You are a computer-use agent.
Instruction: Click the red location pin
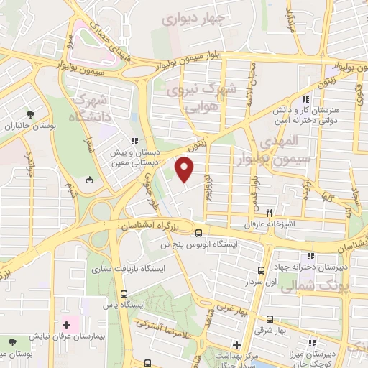click(185, 170)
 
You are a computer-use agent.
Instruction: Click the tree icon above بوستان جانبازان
click(30, 114)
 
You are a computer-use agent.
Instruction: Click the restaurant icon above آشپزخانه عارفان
click(269, 213)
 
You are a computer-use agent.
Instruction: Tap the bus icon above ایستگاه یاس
click(124, 294)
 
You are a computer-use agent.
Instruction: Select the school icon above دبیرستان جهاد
click(309, 257)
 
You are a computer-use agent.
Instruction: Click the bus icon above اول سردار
click(260, 272)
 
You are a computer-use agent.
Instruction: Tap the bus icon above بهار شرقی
click(269, 321)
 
